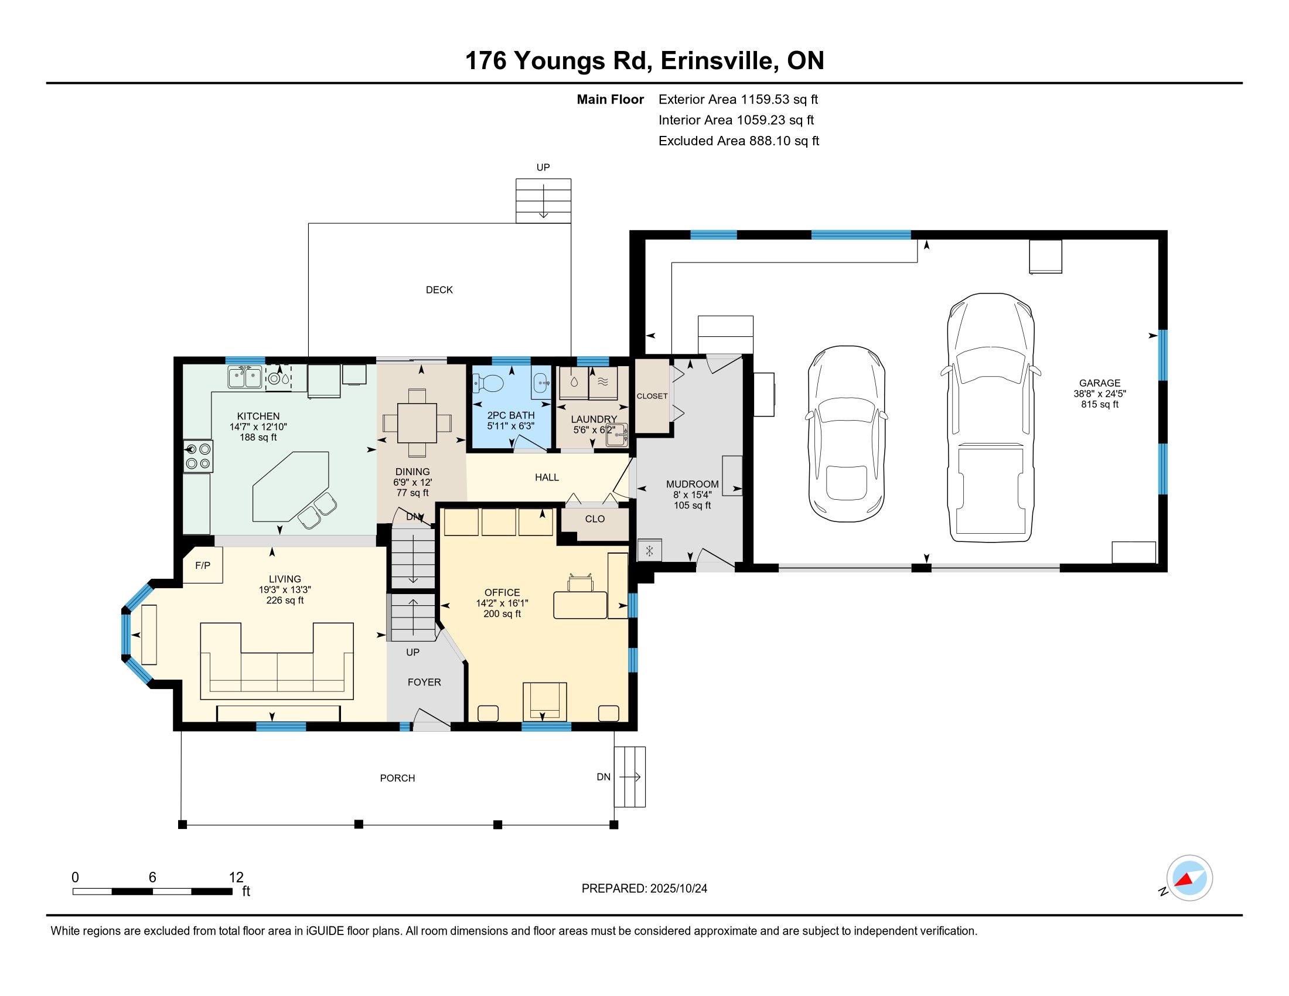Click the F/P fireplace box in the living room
(203, 565)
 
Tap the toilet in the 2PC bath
(488, 384)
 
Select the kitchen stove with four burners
(197, 455)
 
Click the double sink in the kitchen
(245, 377)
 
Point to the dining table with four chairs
(417, 422)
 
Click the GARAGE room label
(1100, 383)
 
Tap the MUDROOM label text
(693, 484)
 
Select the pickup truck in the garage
(990, 417)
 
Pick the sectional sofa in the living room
(277, 661)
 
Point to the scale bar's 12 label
(236, 877)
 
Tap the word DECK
(439, 289)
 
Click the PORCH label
(397, 778)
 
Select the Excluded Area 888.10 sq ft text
(739, 141)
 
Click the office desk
(580, 605)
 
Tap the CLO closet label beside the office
(595, 519)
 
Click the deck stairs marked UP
(543, 200)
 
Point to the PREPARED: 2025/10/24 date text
(644, 889)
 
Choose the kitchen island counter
(291, 487)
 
